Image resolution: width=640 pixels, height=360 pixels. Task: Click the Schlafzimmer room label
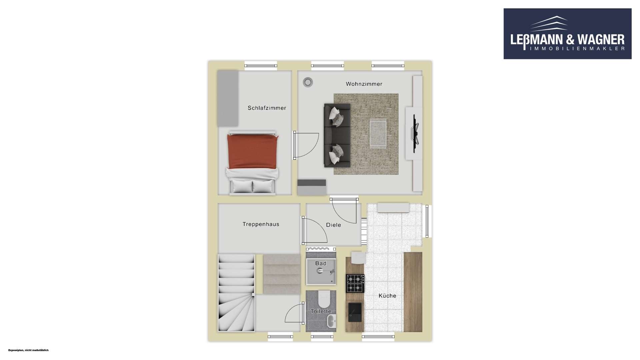[x=267, y=108]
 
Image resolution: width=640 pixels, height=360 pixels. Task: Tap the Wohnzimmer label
[x=364, y=84]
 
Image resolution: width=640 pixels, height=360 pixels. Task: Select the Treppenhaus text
[x=261, y=224]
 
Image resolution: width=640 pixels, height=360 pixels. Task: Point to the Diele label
[x=333, y=225]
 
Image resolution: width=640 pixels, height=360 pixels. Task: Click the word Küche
[x=387, y=296]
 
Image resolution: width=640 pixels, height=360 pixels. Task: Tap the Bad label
[x=321, y=263]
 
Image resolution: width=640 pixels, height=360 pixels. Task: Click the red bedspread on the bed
[x=252, y=151]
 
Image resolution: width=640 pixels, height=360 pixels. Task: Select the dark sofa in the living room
[x=337, y=135]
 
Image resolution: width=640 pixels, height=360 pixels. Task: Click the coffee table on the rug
[x=378, y=134]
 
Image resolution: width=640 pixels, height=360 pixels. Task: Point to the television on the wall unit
[x=415, y=133]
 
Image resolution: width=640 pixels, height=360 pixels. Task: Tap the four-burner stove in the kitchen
[x=355, y=283]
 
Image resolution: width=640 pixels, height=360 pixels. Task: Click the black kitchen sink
[x=355, y=312]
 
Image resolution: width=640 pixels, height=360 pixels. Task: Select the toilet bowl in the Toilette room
[x=324, y=299]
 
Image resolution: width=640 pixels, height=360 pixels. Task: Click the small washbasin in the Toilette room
[x=331, y=321]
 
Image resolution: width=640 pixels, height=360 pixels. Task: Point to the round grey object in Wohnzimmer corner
[x=308, y=82]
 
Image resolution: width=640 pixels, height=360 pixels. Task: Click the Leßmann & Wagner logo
[x=567, y=34]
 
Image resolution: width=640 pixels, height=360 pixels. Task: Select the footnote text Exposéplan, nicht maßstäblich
[x=28, y=350]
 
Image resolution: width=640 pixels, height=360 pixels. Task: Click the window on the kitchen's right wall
[x=427, y=221]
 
